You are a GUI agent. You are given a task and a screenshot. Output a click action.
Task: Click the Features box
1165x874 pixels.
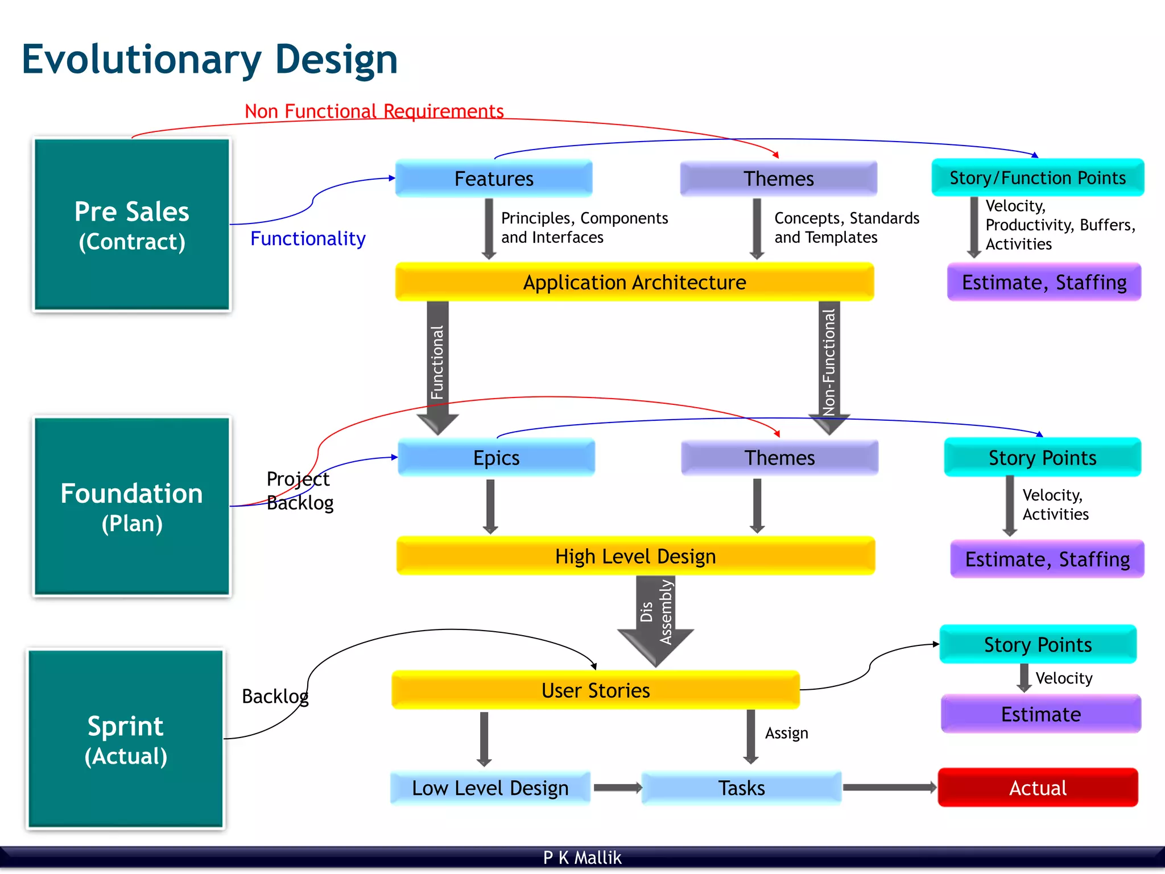click(494, 179)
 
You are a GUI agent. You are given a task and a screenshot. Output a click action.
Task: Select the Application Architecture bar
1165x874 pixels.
click(634, 282)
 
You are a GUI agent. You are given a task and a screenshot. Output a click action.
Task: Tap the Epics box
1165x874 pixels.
click(496, 458)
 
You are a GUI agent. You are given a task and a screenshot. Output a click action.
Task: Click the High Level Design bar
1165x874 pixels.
click(635, 556)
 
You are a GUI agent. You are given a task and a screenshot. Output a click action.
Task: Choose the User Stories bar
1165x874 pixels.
click(596, 690)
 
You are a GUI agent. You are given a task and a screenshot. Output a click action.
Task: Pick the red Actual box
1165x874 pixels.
click(1038, 788)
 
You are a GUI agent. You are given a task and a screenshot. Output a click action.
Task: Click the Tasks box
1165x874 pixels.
click(741, 788)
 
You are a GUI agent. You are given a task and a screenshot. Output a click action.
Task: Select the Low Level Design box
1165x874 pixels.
click(490, 788)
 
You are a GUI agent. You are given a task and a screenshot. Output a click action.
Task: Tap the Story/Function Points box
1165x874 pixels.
click(1038, 178)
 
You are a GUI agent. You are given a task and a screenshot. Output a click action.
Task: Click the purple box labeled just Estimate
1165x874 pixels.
click(1041, 714)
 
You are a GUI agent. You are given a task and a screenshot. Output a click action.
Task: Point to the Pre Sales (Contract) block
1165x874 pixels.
click(132, 225)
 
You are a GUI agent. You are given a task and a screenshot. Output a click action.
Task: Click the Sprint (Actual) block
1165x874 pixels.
click(126, 739)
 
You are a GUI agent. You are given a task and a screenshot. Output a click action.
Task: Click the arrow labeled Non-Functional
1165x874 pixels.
click(829, 364)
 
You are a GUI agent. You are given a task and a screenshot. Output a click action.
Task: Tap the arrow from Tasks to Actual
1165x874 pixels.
click(889, 788)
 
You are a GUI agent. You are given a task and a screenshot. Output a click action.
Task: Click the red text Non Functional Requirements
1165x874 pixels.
click(374, 111)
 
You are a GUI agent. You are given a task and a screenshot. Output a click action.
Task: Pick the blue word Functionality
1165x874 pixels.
click(308, 238)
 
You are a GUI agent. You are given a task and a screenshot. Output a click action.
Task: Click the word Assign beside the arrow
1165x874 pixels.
click(786, 733)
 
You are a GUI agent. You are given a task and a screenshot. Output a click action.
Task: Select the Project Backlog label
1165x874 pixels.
click(299, 491)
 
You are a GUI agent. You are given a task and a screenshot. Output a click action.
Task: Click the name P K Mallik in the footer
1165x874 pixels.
click(582, 858)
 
